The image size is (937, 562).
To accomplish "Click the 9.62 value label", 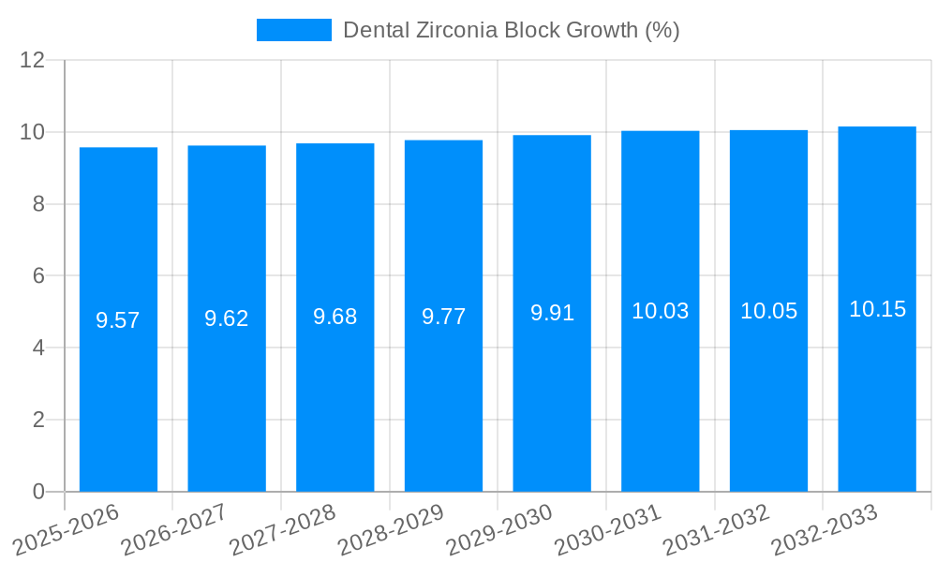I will pyautogui.click(x=227, y=318).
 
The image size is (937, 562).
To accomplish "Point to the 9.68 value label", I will pyautogui.click(x=335, y=317).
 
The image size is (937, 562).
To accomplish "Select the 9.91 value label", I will pyautogui.click(x=552, y=313).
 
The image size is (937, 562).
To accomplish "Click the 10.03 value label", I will pyautogui.click(x=661, y=311).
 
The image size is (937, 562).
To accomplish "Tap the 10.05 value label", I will pyautogui.click(x=768, y=311).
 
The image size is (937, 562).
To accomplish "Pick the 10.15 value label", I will pyautogui.click(x=877, y=309).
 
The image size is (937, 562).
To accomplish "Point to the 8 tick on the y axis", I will pyautogui.click(x=38, y=204).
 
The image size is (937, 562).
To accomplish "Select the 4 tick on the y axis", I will pyautogui.click(x=38, y=348).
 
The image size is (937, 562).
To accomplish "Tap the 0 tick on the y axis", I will pyautogui.click(x=38, y=492).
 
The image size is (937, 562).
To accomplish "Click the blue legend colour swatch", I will pyautogui.click(x=293, y=30).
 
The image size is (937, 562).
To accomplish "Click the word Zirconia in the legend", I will pyautogui.click(x=461, y=30).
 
